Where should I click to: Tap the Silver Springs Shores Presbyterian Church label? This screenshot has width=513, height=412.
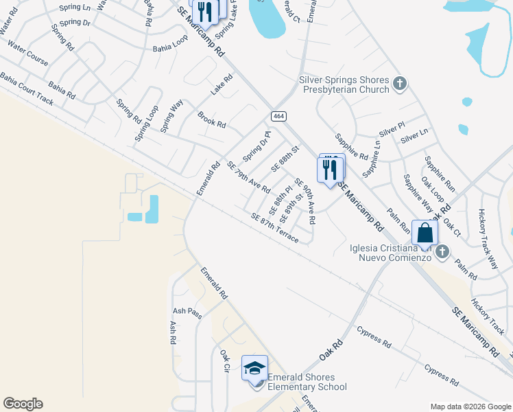click(344, 84)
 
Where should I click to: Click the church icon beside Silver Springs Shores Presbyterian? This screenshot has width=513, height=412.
click(400, 85)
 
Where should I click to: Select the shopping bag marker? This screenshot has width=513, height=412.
click(425, 232)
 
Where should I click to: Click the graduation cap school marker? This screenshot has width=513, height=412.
click(254, 368)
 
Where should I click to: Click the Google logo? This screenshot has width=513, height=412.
click(23, 404)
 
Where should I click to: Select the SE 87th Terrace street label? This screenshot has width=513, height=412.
click(274, 228)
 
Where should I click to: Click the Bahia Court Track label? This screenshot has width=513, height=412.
click(27, 90)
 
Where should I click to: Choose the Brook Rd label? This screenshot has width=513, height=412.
click(211, 120)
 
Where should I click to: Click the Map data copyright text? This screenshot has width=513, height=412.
click(470, 407)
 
